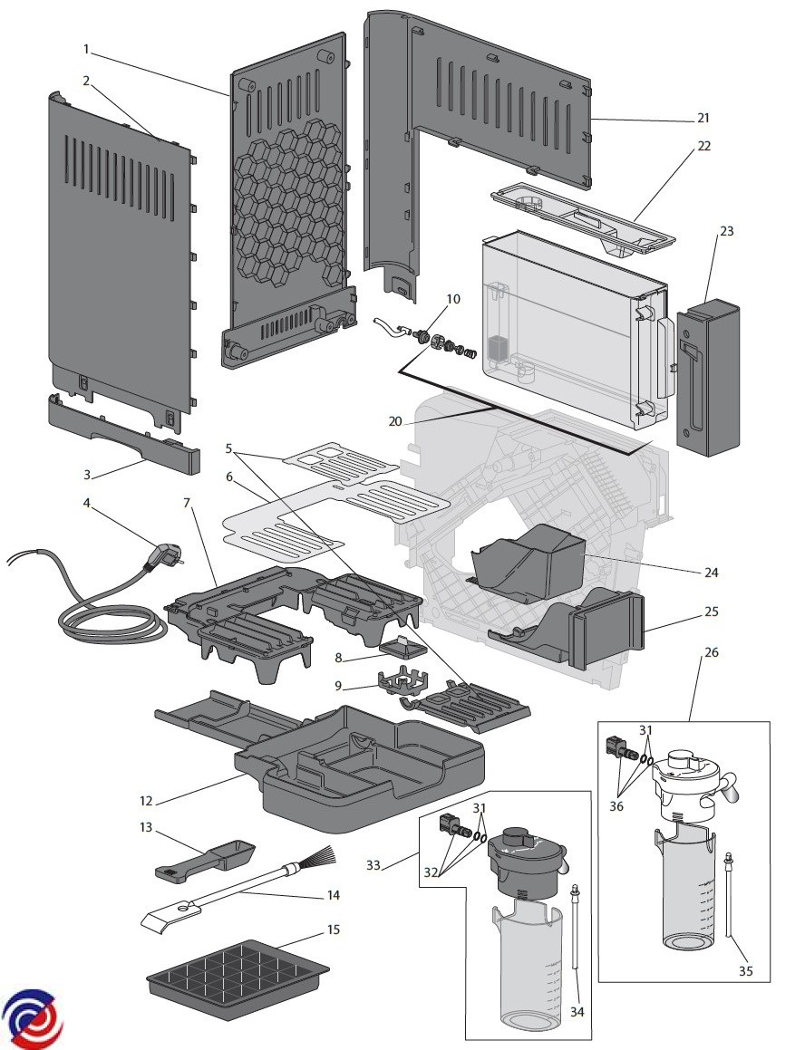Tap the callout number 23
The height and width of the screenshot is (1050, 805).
click(x=726, y=231)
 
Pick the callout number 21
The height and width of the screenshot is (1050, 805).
click(x=703, y=118)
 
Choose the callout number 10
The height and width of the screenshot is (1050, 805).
click(x=453, y=298)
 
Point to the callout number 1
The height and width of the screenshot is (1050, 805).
click(x=87, y=47)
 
